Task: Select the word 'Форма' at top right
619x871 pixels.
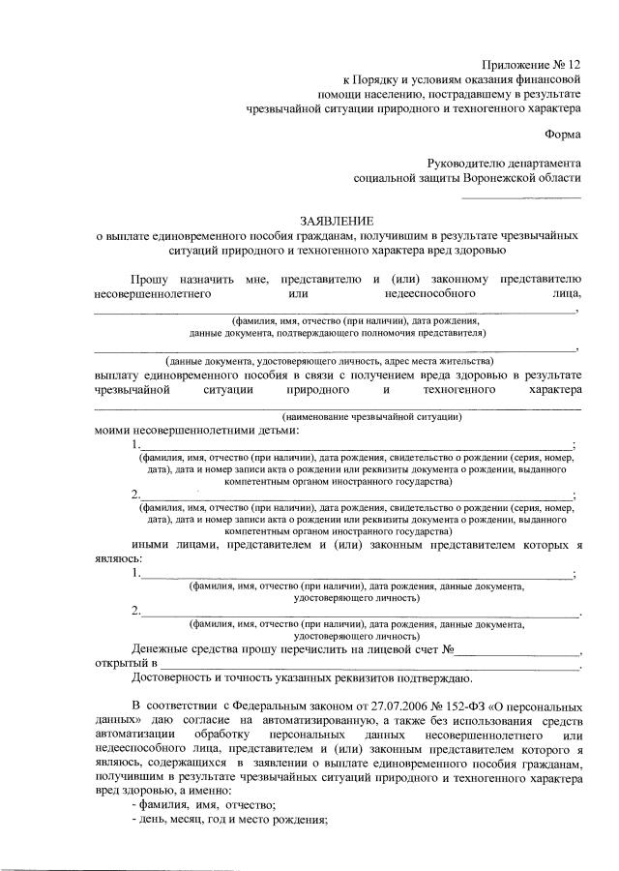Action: click(563, 135)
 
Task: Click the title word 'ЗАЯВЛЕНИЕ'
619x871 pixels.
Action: click(338, 221)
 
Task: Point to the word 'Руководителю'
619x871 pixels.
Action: click(475, 164)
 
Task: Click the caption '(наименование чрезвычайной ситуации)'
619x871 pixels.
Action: click(372, 416)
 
